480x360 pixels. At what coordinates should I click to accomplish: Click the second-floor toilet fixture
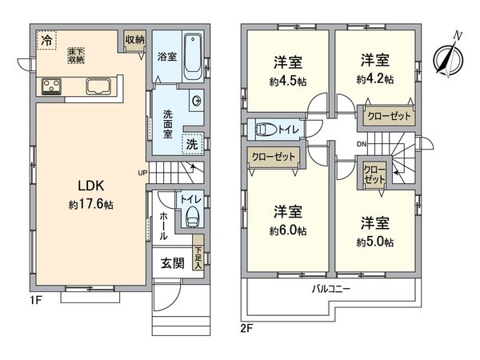pyautogui.click(x=265, y=128)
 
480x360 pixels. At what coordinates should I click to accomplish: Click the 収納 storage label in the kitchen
pyautogui.click(x=134, y=39)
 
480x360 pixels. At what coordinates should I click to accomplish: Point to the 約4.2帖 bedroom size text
pyautogui.click(x=374, y=79)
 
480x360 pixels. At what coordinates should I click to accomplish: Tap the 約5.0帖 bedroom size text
pyautogui.click(x=374, y=240)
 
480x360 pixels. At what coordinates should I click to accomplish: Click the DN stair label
pyautogui.click(x=362, y=144)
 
